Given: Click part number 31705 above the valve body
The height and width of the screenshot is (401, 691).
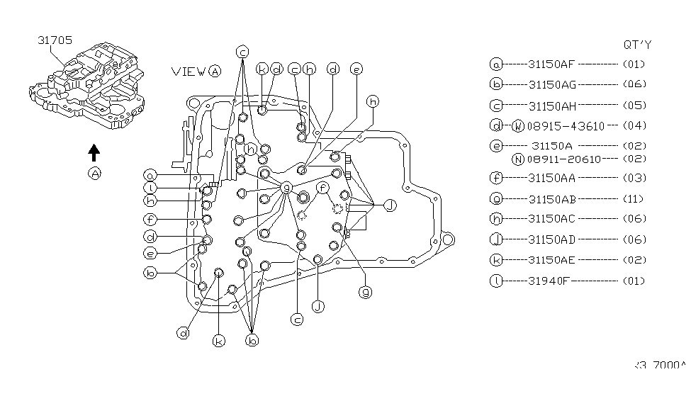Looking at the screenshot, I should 55,40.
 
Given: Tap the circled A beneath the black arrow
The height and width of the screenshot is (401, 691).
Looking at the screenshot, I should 94,174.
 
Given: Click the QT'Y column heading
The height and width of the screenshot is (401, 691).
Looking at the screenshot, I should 636,44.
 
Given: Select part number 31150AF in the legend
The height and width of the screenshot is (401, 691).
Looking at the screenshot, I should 551,64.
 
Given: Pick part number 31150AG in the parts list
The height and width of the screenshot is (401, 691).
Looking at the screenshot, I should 552,84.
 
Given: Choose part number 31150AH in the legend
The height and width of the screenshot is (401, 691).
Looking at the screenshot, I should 552,106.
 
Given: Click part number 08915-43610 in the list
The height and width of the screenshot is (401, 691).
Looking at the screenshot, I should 565,126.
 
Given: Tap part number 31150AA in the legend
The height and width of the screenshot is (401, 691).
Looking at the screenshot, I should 551,178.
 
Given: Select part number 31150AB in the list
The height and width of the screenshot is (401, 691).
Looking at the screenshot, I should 551,198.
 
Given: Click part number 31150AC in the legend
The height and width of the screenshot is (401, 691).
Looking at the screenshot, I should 552,219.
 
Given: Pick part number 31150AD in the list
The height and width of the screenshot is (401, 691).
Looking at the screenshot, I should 552,239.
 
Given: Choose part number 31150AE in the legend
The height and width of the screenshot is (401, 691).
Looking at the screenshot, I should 551,260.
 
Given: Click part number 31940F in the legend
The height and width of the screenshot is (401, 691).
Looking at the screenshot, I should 548,281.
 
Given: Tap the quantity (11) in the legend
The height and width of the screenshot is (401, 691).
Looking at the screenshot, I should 634,198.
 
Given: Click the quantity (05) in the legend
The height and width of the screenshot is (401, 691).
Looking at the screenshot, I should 634,106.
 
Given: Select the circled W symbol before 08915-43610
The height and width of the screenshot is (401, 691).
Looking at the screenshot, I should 517,126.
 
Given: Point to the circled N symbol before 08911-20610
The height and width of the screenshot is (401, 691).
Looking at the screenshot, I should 517,159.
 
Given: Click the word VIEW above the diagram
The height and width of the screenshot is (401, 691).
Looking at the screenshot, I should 189,71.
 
